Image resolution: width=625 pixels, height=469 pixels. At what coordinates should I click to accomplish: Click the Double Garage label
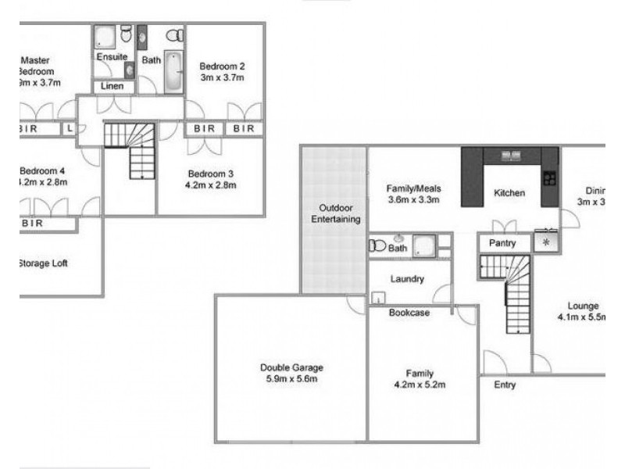(291, 367)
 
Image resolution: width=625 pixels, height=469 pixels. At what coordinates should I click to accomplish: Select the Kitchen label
(509, 193)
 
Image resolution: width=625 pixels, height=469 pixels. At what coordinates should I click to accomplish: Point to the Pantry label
(502, 243)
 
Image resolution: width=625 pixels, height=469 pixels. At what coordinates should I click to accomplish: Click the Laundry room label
(408, 279)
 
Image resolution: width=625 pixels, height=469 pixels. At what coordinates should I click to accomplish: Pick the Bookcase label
(409, 313)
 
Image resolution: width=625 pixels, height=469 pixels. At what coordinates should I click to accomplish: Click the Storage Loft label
(42, 263)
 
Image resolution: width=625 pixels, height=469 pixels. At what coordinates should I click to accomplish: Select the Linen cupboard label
(112, 86)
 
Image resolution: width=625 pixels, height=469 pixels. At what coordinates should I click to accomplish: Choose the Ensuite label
(112, 57)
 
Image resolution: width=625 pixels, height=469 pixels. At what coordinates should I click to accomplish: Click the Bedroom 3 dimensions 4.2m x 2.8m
(212, 185)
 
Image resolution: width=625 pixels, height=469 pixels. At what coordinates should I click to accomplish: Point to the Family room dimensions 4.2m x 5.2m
(420, 385)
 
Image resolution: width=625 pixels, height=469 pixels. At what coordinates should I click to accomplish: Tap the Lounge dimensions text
(582, 318)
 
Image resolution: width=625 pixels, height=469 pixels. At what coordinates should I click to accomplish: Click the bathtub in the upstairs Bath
(173, 72)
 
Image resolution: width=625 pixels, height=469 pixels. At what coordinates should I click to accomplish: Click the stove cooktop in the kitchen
(550, 178)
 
